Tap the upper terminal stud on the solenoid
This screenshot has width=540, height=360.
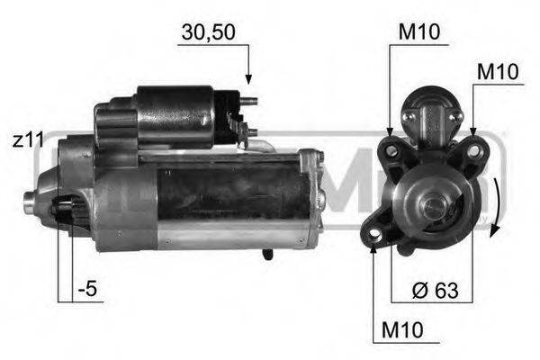click(253, 101)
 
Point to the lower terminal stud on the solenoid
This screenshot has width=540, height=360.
click(252, 132)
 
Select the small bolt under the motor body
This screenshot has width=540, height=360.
click(267, 254)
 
